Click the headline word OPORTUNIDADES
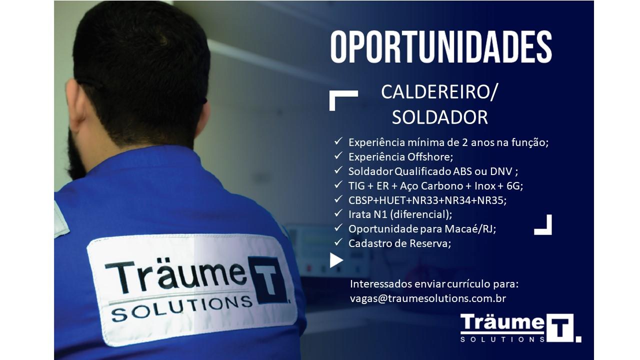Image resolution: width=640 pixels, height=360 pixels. [441, 47]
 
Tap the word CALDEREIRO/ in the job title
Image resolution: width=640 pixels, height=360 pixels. [439, 92]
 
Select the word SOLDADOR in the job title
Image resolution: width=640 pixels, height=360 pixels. [439, 117]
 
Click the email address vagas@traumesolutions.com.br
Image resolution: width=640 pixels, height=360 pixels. [428, 298]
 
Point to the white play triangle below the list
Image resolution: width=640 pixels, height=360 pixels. [336, 260]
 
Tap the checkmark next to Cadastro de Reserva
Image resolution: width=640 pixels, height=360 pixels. [338, 242]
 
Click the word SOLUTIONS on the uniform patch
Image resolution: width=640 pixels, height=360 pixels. [181, 308]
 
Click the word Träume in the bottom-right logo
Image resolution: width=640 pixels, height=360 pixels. [502, 322]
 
